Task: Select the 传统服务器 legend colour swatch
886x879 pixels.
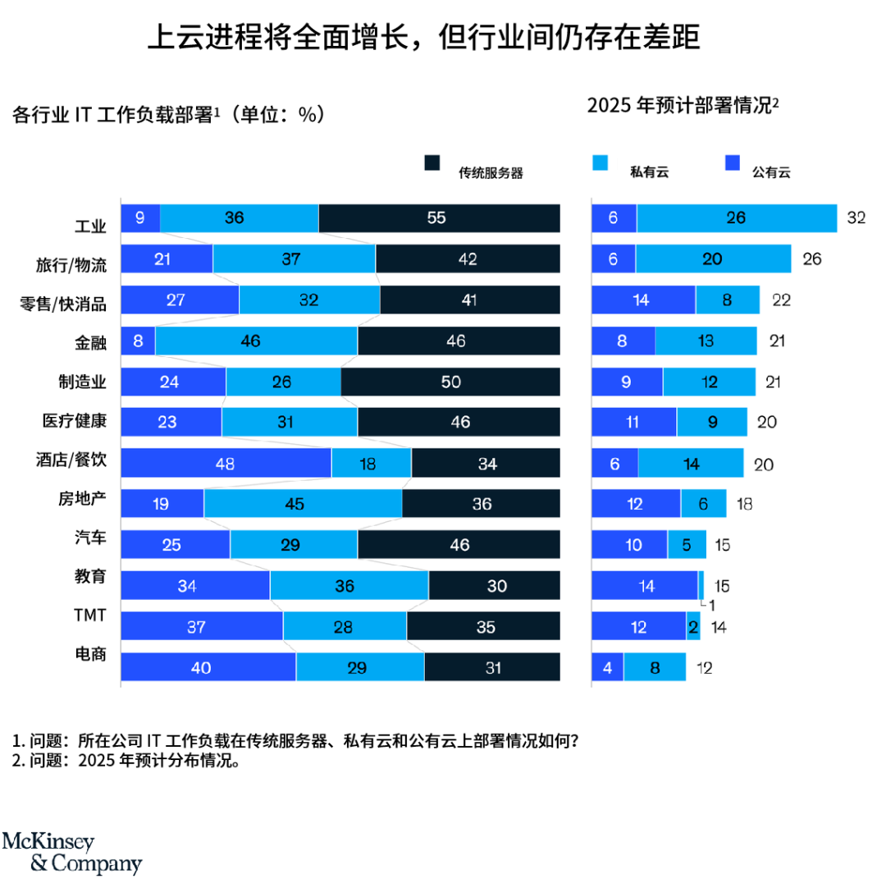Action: [x=433, y=163]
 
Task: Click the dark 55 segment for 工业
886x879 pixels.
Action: [x=439, y=218]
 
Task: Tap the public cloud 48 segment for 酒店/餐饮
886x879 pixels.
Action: [x=226, y=463]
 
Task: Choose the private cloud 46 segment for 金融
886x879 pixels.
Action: [x=256, y=341]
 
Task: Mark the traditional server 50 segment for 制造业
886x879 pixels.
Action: [x=450, y=382]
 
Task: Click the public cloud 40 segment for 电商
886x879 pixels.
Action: [x=208, y=667]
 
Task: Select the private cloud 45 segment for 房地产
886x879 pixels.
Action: [x=303, y=504]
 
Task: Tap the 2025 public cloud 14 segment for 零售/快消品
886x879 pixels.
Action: [x=643, y=300]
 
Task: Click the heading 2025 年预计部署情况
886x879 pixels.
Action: [x=683, y=106]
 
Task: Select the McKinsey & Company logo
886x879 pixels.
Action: [x=71, y=853]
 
